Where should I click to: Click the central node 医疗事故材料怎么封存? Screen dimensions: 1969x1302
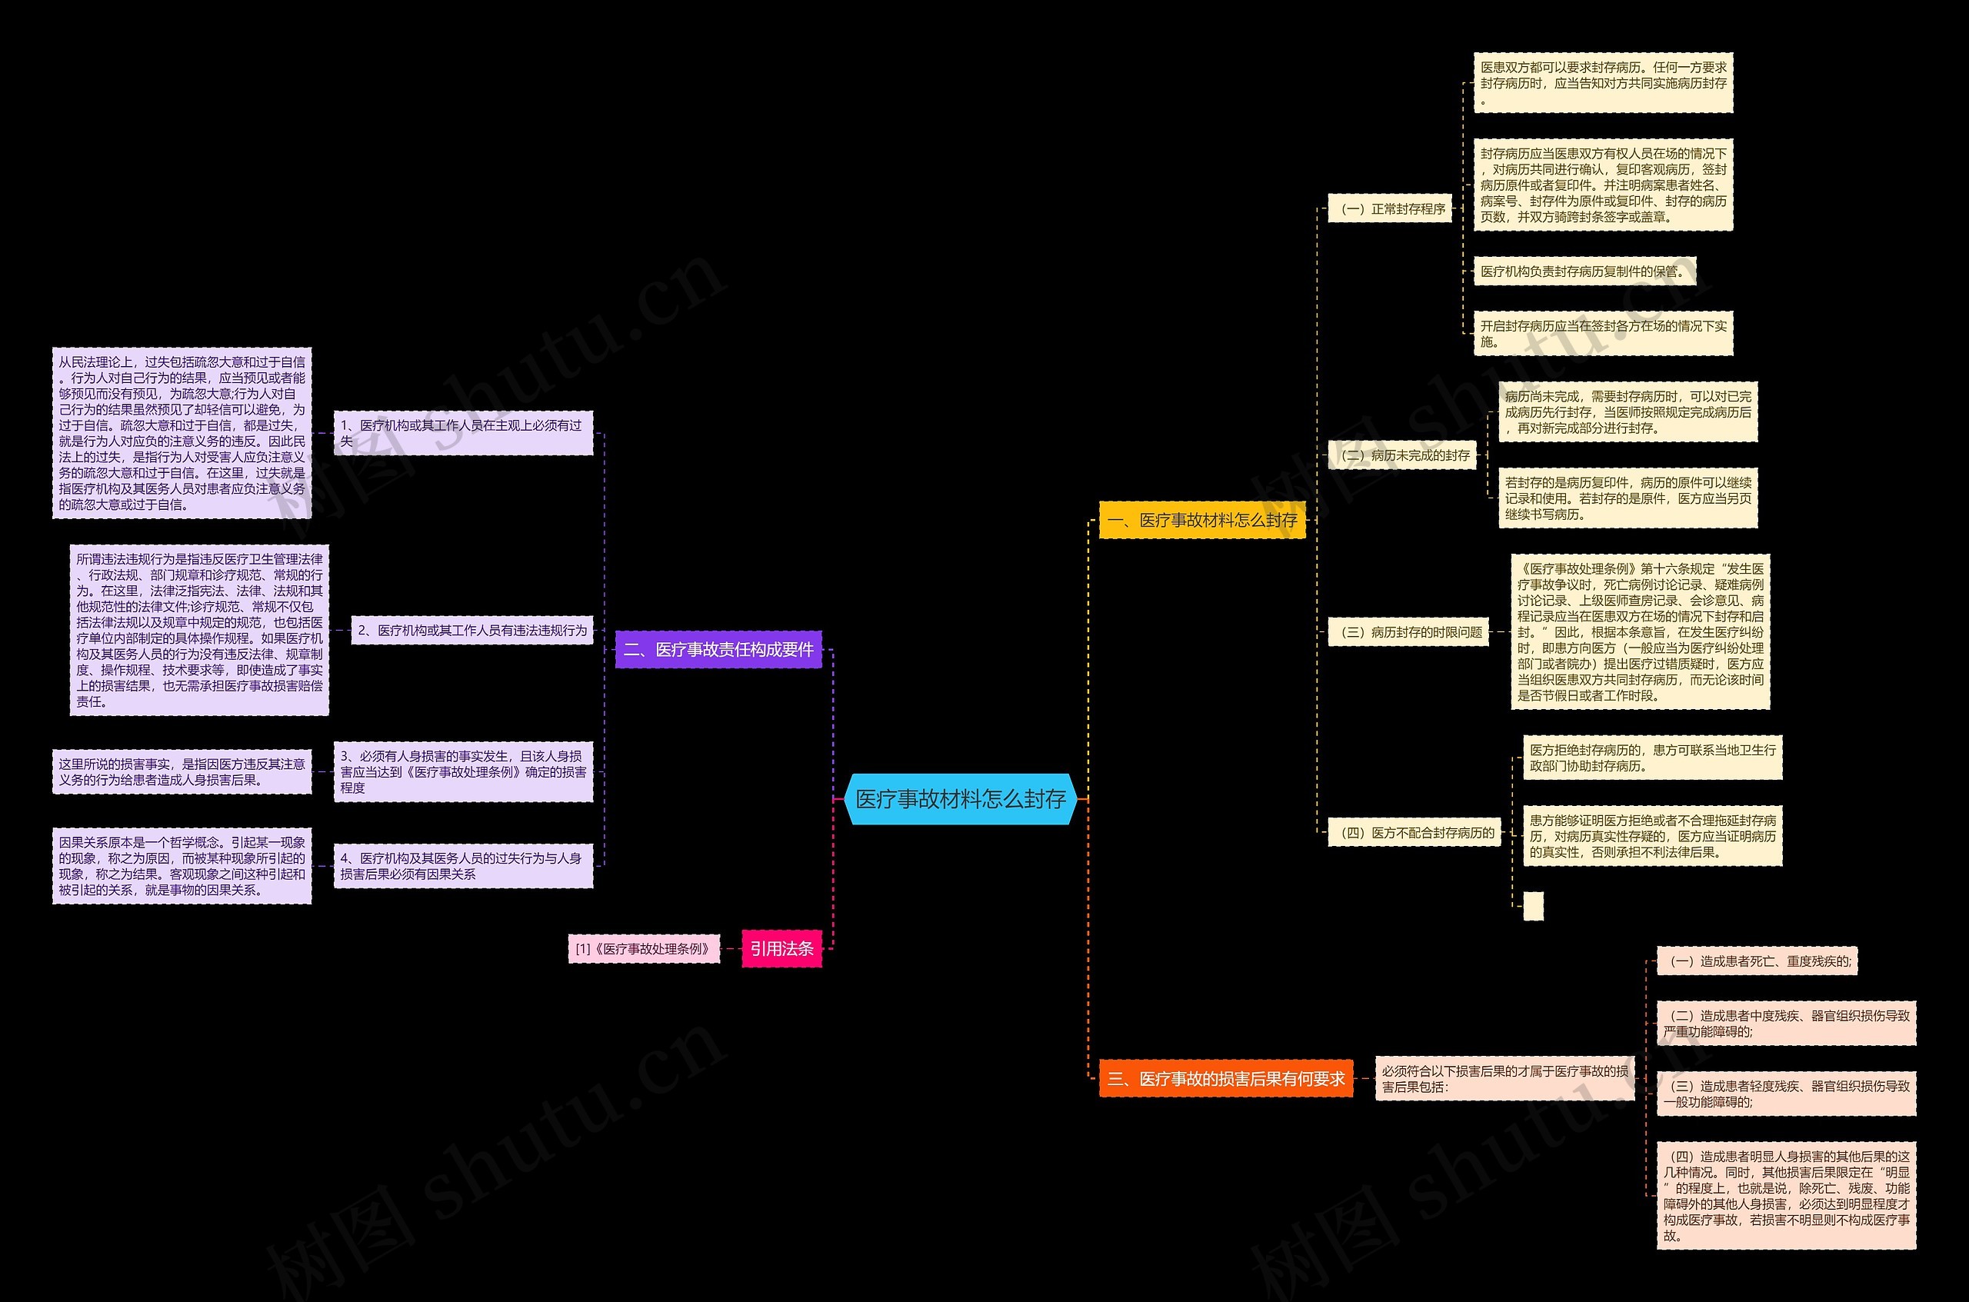click(960, 799)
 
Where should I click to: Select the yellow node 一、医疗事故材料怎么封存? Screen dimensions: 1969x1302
click(1201, 520)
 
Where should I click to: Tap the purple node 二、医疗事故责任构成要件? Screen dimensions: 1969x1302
click(718, 649)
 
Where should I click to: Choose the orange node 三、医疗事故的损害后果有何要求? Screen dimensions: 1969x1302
click(1225, 1079)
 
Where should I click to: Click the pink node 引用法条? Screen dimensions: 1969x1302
click(781, 948)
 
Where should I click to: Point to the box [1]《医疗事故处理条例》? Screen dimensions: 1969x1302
click(644, 948)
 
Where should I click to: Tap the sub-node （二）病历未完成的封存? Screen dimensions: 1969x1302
click(1402, 455)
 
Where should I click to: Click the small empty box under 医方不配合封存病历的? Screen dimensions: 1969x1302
click(1533, 906)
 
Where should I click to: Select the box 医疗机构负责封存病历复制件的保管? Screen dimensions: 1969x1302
click(1584, 271)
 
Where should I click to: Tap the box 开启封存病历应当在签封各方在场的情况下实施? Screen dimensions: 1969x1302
click(1603, 334)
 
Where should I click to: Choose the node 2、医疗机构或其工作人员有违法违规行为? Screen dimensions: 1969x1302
click(471, 631)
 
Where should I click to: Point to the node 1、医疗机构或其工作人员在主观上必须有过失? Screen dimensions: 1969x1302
click(462, 433)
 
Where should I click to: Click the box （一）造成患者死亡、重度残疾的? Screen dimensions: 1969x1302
click(1757, 961)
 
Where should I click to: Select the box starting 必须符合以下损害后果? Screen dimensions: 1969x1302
click(1504, 1079)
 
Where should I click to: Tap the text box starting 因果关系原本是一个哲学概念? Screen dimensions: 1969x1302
click(182, 866)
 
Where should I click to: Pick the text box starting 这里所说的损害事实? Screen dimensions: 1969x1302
click(182, 771)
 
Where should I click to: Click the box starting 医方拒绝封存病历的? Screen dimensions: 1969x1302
click(1652, 758)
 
